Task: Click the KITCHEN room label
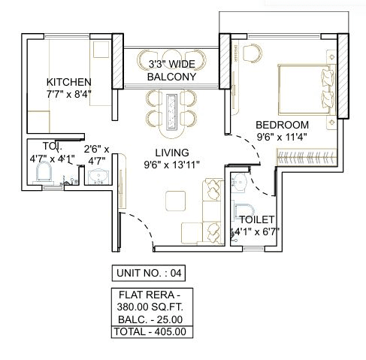point(69,82)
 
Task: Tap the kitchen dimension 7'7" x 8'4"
point(69,95)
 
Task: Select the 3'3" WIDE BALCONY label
point(171,71)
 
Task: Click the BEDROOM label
point(282,125)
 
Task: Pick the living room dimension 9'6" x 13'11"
point(171,165)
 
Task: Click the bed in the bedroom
point(308,88)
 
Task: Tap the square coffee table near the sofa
point(175,200)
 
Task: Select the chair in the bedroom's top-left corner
point(253,52)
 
